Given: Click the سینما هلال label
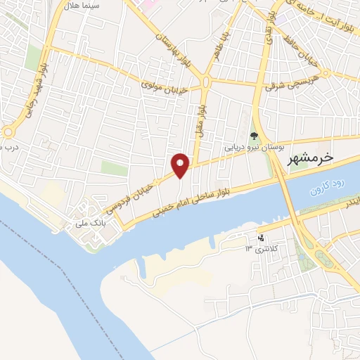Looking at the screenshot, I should [x=101, y=6].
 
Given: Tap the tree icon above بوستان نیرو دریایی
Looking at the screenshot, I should [x=254, y=136].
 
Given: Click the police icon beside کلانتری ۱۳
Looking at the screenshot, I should [x=262, y=238].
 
